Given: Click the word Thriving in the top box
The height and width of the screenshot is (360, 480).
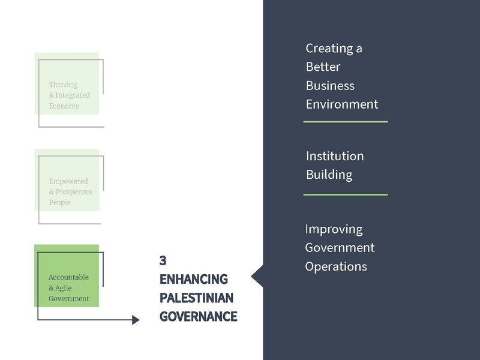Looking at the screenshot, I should coord(63,85).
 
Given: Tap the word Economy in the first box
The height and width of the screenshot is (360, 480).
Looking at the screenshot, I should coord(64,106).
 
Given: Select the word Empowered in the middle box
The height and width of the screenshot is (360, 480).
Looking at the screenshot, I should coord(68,181).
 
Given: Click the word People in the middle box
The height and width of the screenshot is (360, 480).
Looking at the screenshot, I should coord(60,203).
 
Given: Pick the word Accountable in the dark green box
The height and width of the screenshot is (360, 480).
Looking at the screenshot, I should coord(68,277).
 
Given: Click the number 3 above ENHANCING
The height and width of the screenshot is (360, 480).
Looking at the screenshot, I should coord(163,261).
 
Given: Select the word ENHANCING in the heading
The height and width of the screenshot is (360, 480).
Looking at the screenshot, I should coord(194,280).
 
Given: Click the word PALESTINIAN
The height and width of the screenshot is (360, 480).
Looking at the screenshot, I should coord(197,298).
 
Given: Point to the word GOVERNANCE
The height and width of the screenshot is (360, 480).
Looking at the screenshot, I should coord(199,317).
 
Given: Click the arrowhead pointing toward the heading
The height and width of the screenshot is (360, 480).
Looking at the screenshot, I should coord(135,320).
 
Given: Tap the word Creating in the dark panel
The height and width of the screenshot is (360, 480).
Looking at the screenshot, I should coord(329,48).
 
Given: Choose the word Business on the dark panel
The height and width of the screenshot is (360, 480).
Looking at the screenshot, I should coord(330,85).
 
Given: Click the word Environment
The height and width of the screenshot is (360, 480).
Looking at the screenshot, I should coord(342,104).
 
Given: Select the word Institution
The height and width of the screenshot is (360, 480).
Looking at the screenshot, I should coord(335,156).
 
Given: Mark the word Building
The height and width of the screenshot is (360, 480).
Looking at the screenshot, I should coord(329,175).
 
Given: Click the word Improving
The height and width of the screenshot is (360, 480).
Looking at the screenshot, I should coord(334,229).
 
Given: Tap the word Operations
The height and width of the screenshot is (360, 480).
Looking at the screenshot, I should coord(336,266).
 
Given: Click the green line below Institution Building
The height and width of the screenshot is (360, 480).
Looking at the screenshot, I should coord(345,194).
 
